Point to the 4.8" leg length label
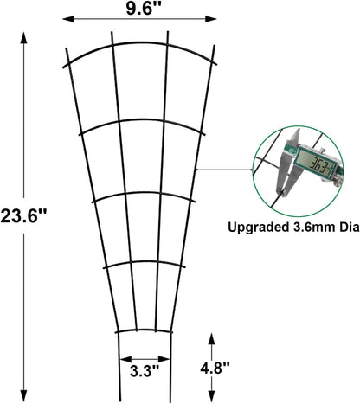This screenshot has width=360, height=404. (214, 366)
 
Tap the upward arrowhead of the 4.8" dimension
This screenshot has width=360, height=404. (210, 337)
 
